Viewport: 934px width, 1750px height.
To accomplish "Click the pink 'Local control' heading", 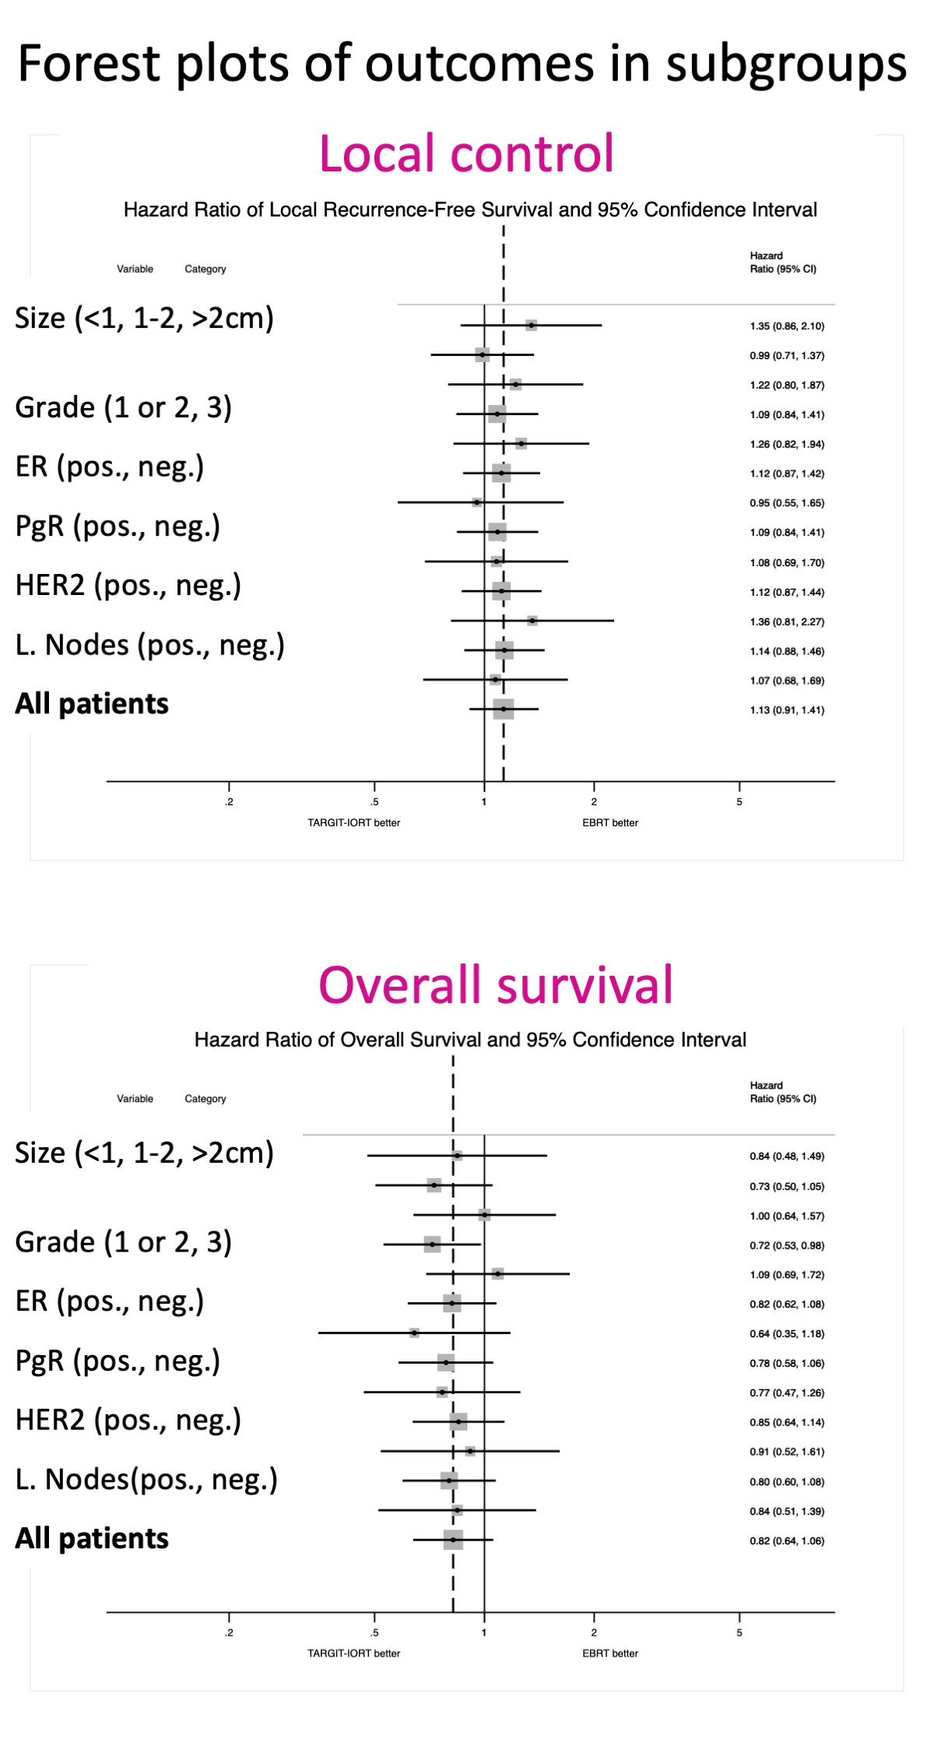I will click(x=466, y=153).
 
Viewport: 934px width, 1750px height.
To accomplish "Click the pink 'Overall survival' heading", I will click(x=495, y=985).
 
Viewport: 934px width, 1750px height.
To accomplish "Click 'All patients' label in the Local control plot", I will click(x=92, y=704).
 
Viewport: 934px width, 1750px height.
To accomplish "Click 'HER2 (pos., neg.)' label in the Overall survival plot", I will click(x=128, y=1420).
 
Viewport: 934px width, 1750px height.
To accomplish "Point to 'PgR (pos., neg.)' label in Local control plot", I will click(x=118, y=526).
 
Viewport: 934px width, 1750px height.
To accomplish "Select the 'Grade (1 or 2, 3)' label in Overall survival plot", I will click(x=124, y=1242).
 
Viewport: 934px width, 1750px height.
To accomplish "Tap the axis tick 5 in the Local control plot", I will click(x=739, y=801).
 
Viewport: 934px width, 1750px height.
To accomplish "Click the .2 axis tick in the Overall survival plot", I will click(x=229, y=1632).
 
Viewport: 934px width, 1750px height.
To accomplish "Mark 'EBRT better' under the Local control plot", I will click(x=610, y=822).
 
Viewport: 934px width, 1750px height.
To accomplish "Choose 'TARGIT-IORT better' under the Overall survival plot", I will click(x=353, y=1653).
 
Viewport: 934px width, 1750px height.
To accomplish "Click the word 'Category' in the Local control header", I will click(x=205, y=269).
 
